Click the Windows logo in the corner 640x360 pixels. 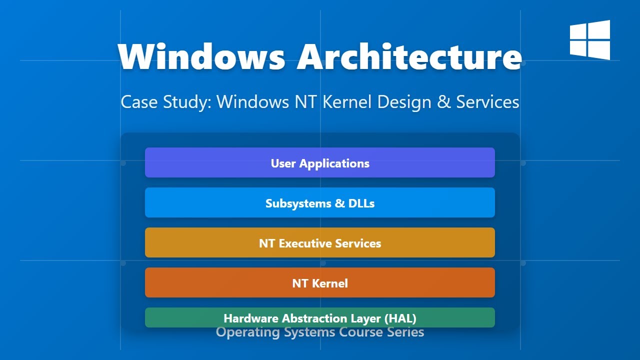coord(590,40)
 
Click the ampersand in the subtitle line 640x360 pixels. coord(443,102)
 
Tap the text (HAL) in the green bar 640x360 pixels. coord(401,318)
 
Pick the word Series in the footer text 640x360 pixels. coord(405,332)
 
